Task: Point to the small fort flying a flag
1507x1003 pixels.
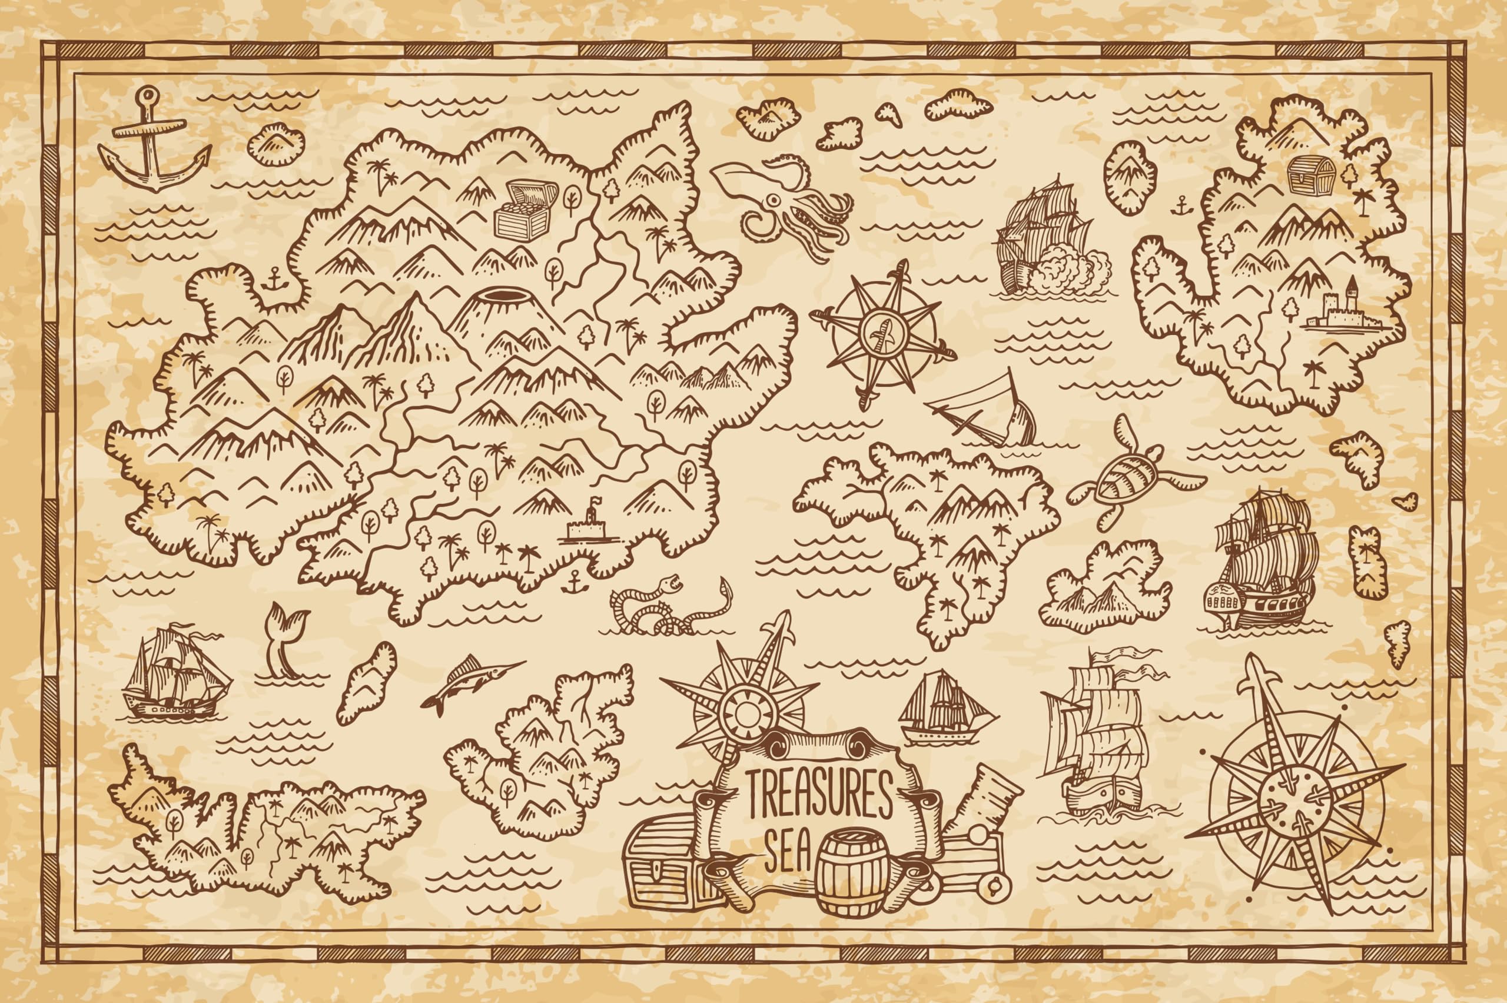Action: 589,524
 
